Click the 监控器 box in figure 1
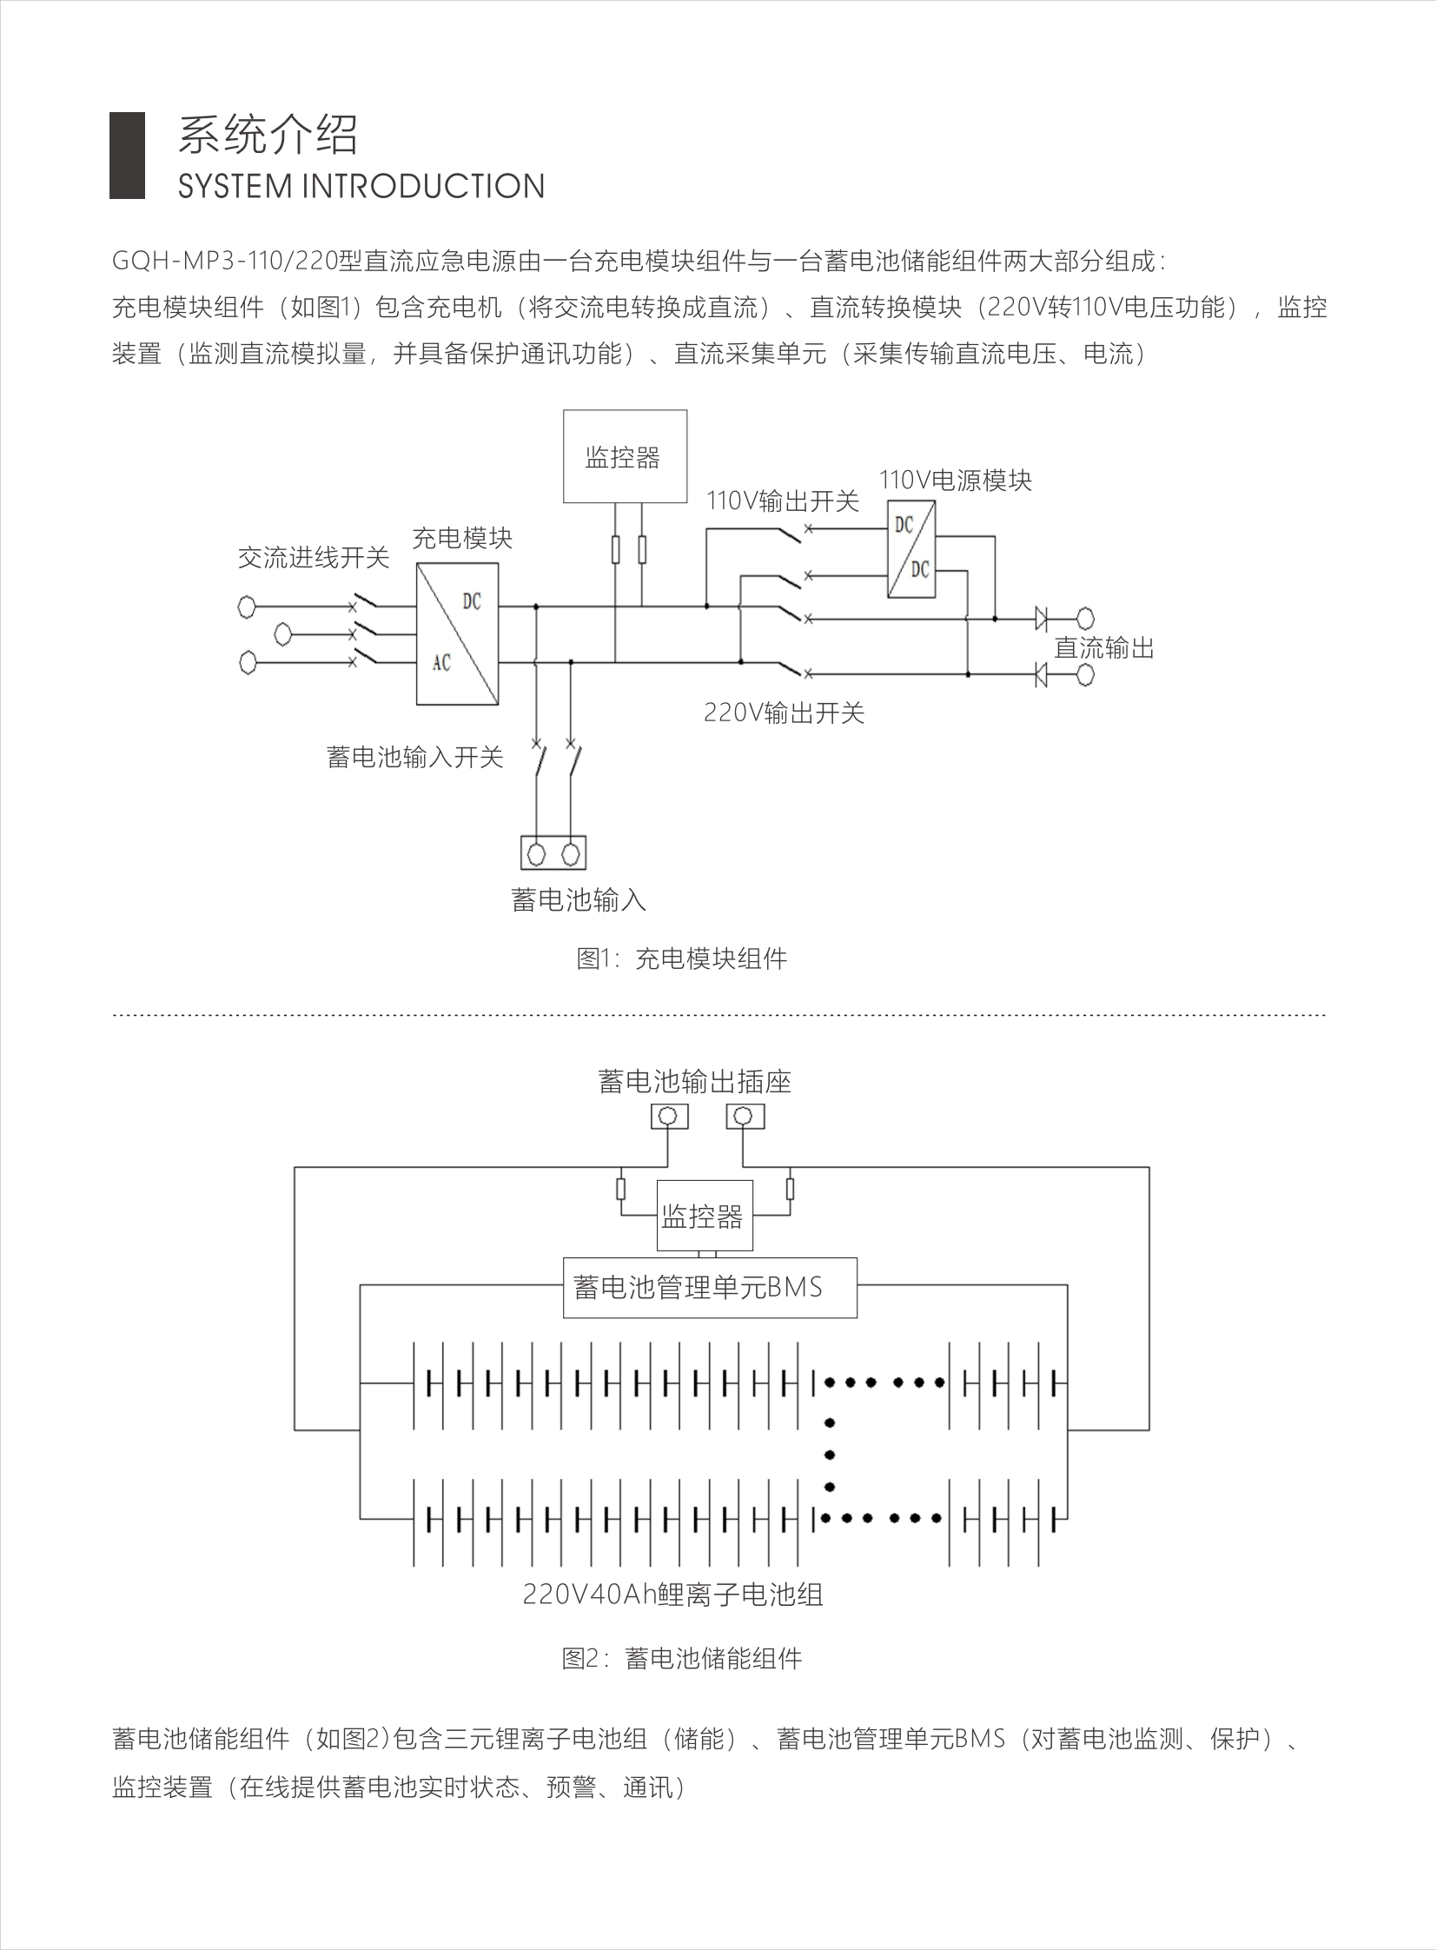pos(625,456)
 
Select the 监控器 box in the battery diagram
pos(703,1216)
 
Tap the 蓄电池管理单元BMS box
pos(710,1288)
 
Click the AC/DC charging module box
pos(458,633)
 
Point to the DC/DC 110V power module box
pos(911,548)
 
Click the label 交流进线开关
pos(313,558)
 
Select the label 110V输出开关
pos(782,501)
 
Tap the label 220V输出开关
pos(784,713)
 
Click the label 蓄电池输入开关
pos(415,757)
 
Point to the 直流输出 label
pos(1104,648)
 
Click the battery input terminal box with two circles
pos(553,852)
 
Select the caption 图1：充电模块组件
pos(681,958)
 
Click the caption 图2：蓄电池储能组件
pos(681,1659)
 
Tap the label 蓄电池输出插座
pos(694,1082)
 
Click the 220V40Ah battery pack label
pos(672,1594)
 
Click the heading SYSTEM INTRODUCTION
pos(361,186)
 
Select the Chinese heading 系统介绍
pos(268,135)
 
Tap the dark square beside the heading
pos(127,156)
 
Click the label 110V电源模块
pos(955,481)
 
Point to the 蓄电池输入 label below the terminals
pos(579,899)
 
